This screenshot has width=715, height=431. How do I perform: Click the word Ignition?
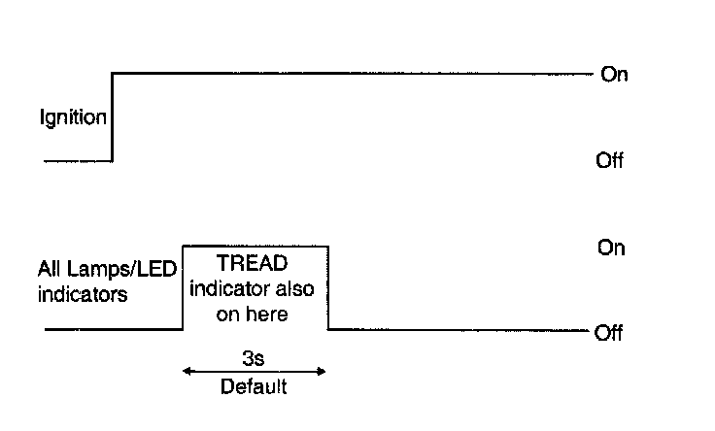pos(73,119)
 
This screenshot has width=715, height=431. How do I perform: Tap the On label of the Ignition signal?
pos(614,75)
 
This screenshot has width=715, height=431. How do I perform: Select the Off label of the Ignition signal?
pos(609,161)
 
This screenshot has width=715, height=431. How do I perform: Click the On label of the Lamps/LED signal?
pos(611,249)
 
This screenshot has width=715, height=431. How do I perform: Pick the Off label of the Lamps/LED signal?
pos(608,334)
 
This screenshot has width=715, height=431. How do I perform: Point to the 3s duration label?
pos(254,357)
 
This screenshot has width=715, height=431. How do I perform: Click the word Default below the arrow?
pos(254,387)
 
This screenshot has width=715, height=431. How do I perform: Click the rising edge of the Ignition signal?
pos(113,116)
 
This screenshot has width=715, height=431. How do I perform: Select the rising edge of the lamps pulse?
pos(184,289)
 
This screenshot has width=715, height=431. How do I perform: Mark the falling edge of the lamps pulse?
pos(327,289)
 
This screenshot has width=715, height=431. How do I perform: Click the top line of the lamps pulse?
pos(255,247)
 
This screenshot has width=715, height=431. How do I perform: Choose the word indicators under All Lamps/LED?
pos(83,294)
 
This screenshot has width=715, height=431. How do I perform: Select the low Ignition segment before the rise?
pos(78,160)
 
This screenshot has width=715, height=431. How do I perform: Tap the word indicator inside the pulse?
pos(232,289)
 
